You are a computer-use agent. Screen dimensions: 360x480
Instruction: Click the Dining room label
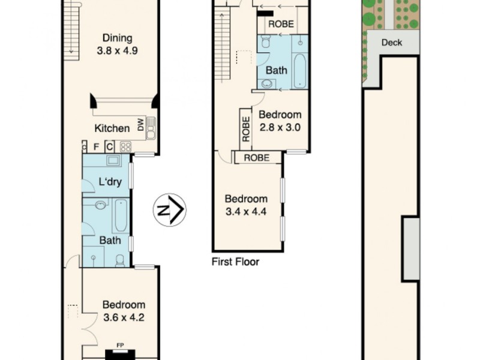(x=118, y=39)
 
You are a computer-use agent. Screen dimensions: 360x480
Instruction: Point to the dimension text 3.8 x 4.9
(x=118, y=51)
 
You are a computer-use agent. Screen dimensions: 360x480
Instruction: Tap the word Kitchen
(x=112, y=128)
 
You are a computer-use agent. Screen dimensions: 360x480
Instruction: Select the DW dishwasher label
(x=141, y=125)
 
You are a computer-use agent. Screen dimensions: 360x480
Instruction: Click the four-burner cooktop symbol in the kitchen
(x=126, y=146)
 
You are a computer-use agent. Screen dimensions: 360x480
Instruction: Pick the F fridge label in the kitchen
(x=96, y=146)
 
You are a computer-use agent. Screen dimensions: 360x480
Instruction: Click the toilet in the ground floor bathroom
(x=120, y=260)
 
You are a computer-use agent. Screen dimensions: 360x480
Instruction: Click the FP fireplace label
(x=120, y=346)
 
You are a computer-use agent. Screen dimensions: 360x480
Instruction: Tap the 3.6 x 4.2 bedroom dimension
(x=124, y=318)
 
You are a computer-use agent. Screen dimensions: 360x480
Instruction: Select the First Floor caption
(x=236, y=262)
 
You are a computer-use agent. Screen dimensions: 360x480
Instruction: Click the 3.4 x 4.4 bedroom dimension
(x=246, y=211)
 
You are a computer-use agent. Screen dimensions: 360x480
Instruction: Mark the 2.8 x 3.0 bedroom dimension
(x=280, y=127)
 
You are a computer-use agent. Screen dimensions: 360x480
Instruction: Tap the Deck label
(x=392, y=43)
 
